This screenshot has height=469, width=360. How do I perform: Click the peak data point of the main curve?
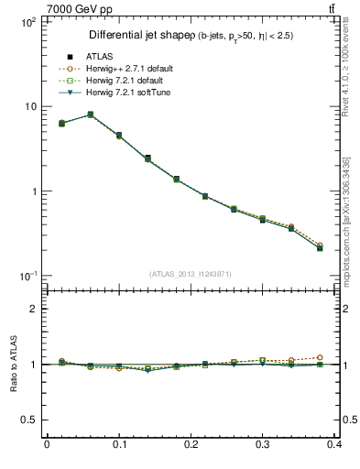[x=90, y=115]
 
